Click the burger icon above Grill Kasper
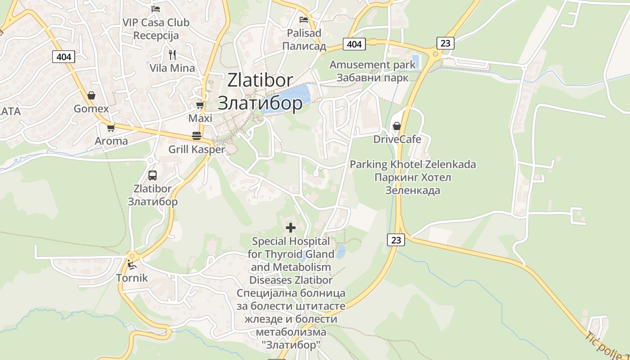coord(196,135)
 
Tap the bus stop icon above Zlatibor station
coord(153,175)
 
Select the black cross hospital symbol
coord(291,228)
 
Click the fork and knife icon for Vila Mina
coord(172,55)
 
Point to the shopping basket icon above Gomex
coord(91,95)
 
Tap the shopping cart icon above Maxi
coord(200,105)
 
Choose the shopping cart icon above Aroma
coord(111,128)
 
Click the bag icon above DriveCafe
coord(396,126)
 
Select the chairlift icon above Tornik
coord(131,265)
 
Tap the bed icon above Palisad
coord(304,20)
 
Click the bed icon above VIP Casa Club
coord(156,9)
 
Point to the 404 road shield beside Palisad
coord(355,44)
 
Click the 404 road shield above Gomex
coord(64,57)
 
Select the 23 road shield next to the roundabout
coord(445,43)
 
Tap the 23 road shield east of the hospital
coord(396,240)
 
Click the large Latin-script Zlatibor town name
coord(260,80)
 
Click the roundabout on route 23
coord(435,55)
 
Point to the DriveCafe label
coord(397,139)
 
